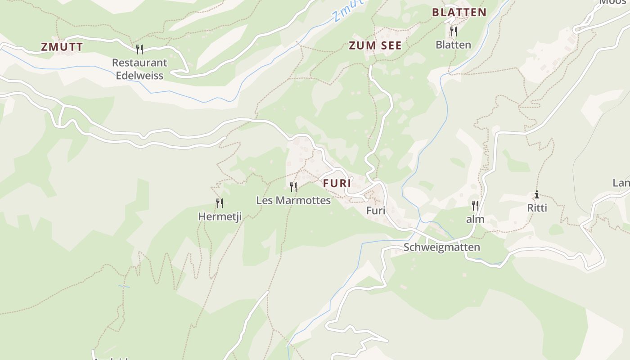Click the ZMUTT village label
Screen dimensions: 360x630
tap(62, 47)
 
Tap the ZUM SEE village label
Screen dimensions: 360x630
tap(375, 45)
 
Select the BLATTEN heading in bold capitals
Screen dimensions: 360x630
tap(459, 13)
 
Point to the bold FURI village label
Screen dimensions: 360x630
tap(337, 184)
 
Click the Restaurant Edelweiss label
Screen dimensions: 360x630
tap(139, 69)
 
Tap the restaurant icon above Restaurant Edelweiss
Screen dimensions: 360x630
tap(139, 49)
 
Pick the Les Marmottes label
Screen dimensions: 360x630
tap(293, 200)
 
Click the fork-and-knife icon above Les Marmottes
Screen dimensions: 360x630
tap(293, 187)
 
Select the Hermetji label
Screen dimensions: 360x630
tap(220, 216)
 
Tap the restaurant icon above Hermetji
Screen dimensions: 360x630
tap(219, 203)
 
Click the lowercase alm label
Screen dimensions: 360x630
tap(475, 219)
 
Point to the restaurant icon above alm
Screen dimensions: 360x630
tap(475, 206)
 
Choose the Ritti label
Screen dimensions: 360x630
tap(537, 208)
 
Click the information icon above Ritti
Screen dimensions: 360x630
tap(536, 195)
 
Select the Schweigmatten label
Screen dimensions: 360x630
tap(441, 247)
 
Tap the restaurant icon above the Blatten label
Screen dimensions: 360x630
tap(453, 31)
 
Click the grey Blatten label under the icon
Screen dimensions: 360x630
tap(453, 45)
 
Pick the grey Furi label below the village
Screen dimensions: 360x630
tap(376, 210)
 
